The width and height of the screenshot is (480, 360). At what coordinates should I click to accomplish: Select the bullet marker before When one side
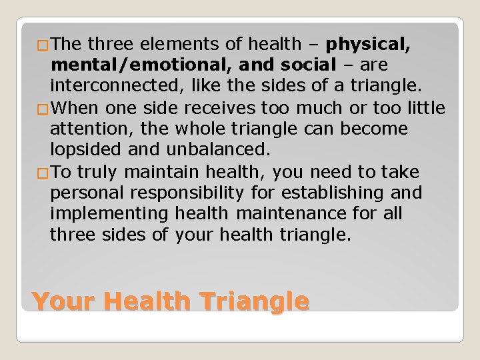pyautogui.click(x=43, y=106)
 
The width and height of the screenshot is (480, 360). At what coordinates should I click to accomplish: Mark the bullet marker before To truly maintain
pyautogui.click(x=43, y=173)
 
